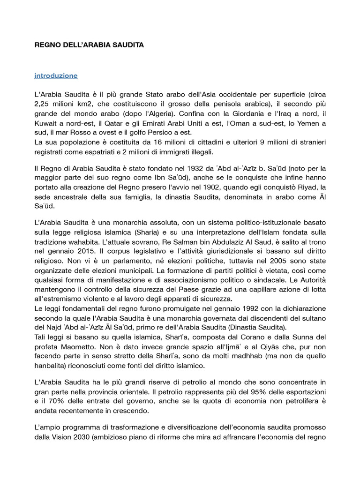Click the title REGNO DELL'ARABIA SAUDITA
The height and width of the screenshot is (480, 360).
[90, 45]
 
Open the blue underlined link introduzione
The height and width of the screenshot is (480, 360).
[56, 75]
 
